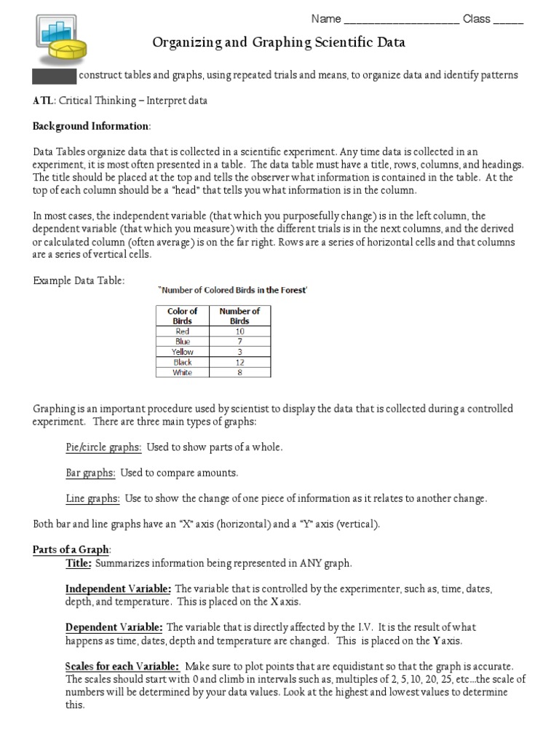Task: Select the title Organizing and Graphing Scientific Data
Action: coord(279,44)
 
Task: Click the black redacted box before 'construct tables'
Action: coord(54,75)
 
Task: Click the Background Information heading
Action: coord(91,126)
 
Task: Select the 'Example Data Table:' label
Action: coord(79,280)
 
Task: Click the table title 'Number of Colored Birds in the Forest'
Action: coord(233,290)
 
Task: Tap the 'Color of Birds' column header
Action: coord(182,315)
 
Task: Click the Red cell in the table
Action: coord(182,331)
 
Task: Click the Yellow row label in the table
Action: coord(182,352)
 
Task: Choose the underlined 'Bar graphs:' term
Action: coord(90,473)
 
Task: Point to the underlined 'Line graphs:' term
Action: coord(92,499)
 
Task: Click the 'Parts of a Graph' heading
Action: coord(71,549)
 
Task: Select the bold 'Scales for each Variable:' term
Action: coord(122,667)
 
